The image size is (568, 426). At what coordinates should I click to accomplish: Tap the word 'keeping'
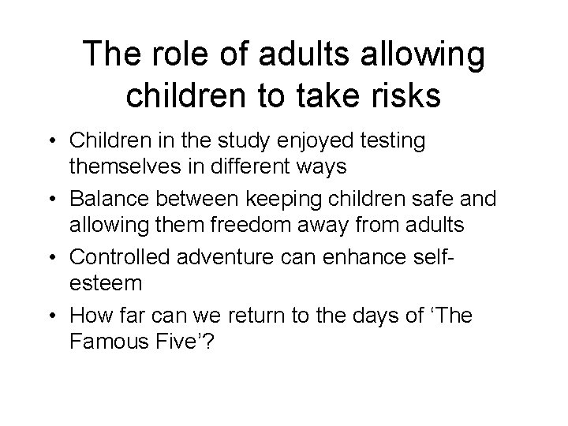pos(280,199)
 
